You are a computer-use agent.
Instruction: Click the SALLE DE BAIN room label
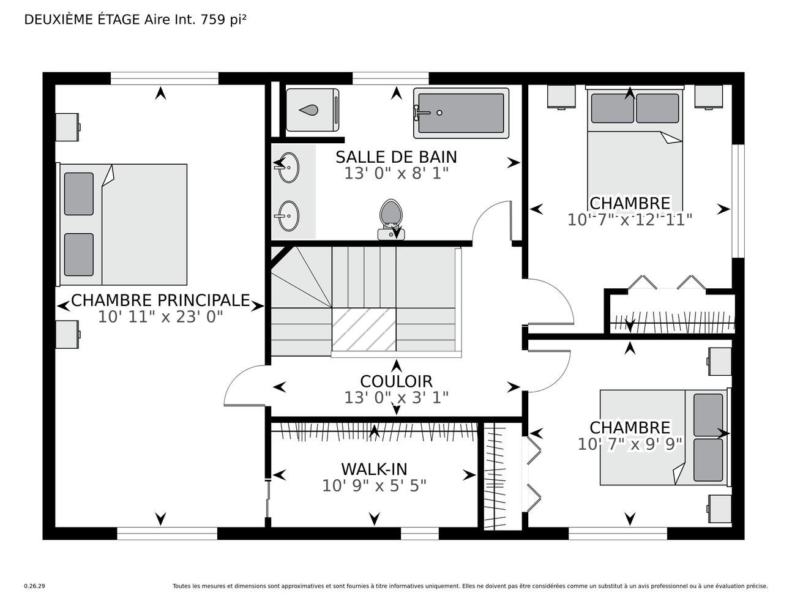coord(396,157)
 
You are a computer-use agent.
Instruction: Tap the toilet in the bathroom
coord(391,219)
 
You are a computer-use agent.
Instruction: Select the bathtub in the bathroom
coord(461,113)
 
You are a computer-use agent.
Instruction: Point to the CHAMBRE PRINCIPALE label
coord(160,300)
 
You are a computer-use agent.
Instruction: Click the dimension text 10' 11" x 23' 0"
coord(160,317)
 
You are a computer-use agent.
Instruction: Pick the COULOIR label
coord(396,381)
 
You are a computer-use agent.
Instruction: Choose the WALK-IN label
coord(375,469)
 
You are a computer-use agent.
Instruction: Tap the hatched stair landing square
coord(364,330)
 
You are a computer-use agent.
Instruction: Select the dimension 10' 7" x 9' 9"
coord(630,444)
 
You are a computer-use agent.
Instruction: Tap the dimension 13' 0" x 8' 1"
coord(396,173)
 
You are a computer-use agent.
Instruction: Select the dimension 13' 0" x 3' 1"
coord(396,398)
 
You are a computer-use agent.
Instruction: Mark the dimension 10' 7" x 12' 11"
coord(630,220)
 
